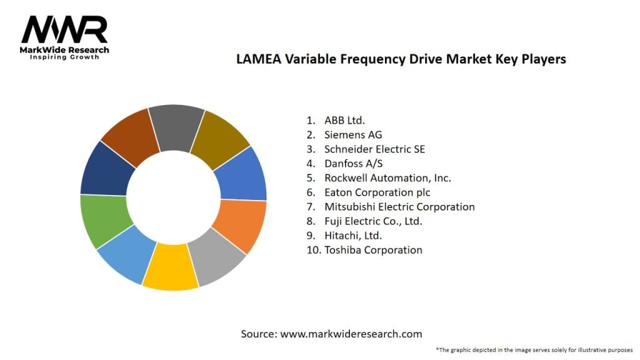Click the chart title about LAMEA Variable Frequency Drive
[x=401, y=59]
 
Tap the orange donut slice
[x=241, y=225]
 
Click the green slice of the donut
[x=104, y=219]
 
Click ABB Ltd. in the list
[x=344, y=120]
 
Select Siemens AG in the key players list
[x=353, y=134]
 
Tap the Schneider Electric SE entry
[x=374, y=149]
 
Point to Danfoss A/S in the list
[x=354, y=163]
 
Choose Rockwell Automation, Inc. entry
[x=387, y=177]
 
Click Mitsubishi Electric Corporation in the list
[x=399, y=206]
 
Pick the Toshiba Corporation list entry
[x=373, y=249]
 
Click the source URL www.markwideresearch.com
[x=351, y=334]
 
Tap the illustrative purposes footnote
[x=534, y=349]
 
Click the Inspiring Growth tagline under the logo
[x=64, y=57]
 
